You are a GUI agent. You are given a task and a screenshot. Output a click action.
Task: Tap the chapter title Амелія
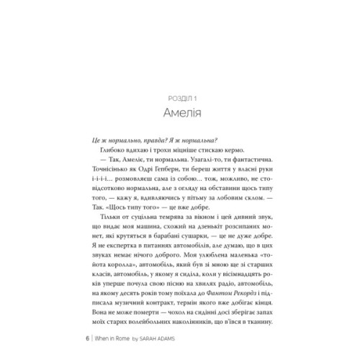point(179,112)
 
